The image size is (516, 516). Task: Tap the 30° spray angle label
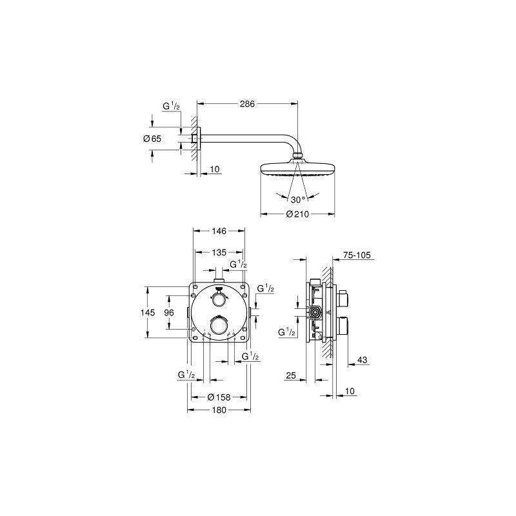click(x=297, y=200)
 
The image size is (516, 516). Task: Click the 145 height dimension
click(x=148, y=312)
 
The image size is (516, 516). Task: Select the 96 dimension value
click(x=169, y=312)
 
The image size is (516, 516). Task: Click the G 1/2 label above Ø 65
click(x=171, y=107)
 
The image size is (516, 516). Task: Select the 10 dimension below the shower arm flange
click(x=215, y=169)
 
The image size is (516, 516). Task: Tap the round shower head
click(x=297, y=169)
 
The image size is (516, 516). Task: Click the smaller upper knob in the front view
click(x=219, y=299)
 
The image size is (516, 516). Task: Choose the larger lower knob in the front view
click(x=219, y=327)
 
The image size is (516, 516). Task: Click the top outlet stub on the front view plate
click(x=219, y=280)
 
